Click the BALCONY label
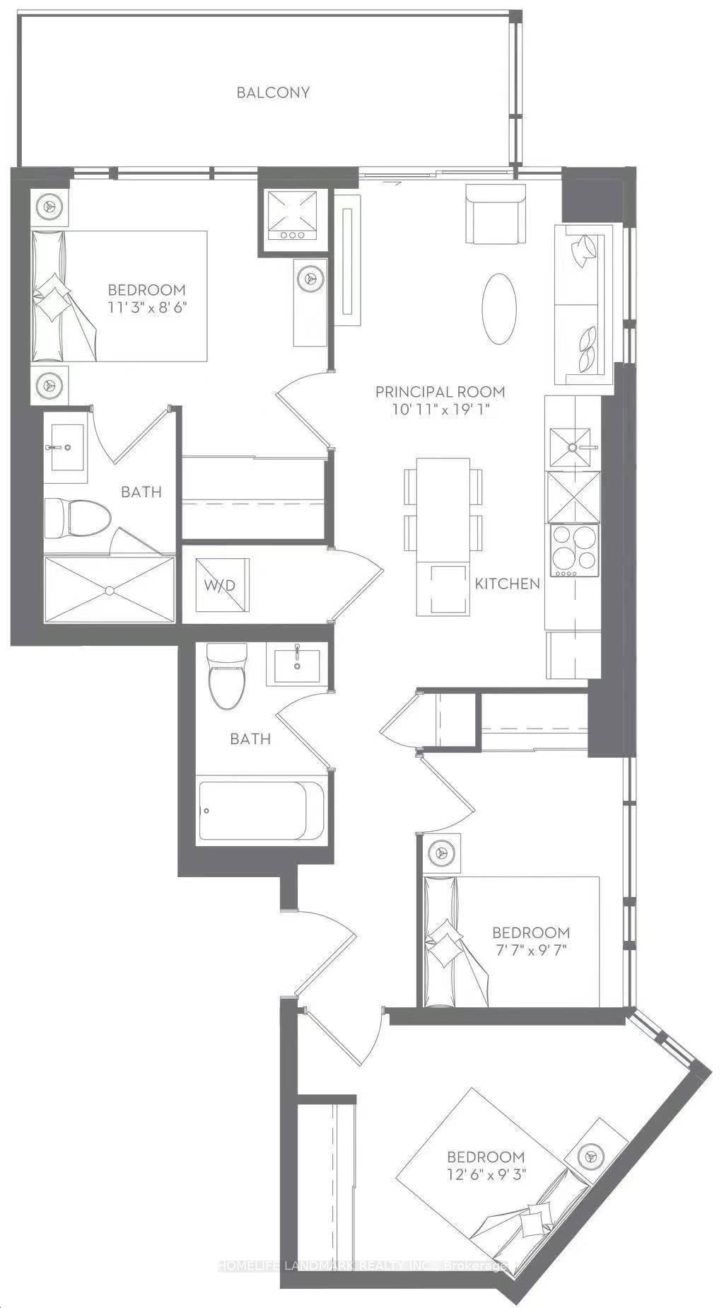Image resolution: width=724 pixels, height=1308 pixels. tap(273, 93)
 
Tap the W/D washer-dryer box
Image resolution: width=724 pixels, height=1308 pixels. tap(221, 585)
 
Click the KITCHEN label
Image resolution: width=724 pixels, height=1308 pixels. tap(508, 584)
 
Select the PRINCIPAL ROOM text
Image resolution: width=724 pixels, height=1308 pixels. tap(440, 391)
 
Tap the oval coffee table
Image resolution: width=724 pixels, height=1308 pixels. tap(499, 309)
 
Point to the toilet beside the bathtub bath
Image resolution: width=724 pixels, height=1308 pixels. tap(228, 676)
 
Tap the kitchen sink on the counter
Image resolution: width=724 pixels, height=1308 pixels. tap(570, 448)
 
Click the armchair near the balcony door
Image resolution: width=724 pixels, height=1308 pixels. tap(496, 213)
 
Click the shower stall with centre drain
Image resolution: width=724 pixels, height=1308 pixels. tap(109, 589)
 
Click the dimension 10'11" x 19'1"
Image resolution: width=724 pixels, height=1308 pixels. tap(443, 410)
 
